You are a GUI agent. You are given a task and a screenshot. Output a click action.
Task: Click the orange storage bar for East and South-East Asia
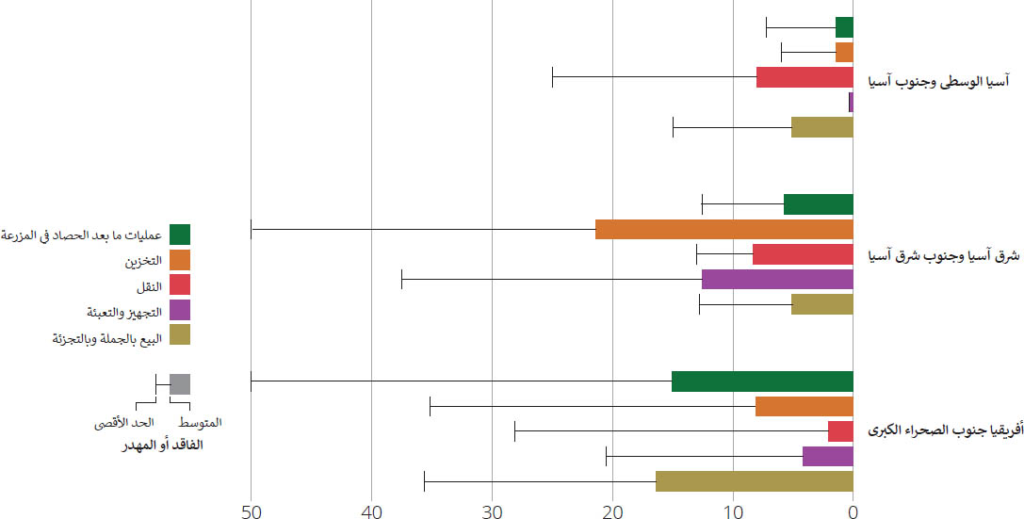click(723, 229)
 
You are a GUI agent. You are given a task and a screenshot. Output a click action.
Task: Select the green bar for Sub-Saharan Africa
click(762, 381)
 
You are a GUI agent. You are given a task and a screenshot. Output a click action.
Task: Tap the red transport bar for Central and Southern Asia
click(805, 77)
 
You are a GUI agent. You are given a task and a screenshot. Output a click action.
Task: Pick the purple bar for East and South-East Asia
click(777, 279)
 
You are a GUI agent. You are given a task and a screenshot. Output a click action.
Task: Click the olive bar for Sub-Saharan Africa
click(754, 481)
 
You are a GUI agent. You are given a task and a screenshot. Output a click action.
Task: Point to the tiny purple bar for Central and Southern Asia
click(851, 102)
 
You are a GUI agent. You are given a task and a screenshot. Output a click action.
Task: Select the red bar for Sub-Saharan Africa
click(840, 431)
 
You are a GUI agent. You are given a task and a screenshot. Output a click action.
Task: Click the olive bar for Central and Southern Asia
click(821, 127)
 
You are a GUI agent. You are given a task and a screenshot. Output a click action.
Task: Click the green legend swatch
click(180, 235)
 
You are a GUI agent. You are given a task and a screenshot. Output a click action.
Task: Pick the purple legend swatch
click(180, 310)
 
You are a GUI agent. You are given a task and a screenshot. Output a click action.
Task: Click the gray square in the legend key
click(180, 384)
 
